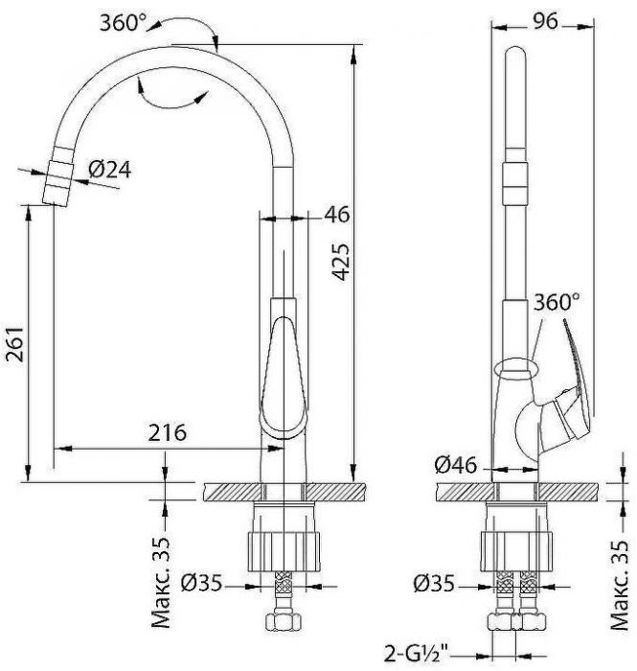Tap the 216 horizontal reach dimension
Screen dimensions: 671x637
coord(166,432)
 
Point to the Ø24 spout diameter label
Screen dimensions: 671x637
coord(109,170)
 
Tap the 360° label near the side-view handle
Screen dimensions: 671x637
coord(558,302)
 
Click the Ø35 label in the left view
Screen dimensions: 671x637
coord(203,581)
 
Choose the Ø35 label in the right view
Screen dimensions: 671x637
coord(436,581)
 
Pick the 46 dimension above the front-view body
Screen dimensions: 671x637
coord(337,215)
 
